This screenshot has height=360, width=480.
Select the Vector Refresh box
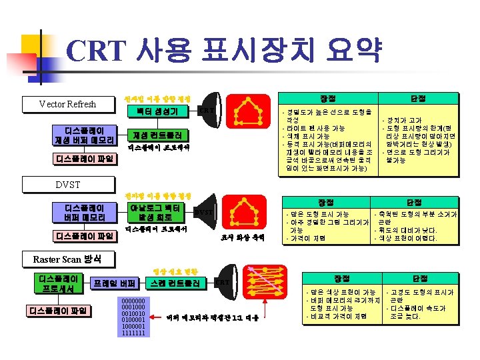pos(67,104)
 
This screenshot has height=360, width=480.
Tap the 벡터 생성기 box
pos(157,111)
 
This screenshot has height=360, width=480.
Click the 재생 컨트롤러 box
pos(157,134)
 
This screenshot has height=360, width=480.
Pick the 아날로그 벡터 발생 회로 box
pos(157,212)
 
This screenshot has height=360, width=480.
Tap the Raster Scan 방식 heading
pos(67,259)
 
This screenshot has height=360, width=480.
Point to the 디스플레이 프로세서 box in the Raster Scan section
pos(61,283)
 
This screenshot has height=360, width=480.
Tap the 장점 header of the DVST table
pos(326,201)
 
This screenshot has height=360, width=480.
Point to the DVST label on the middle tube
pos(203,212)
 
